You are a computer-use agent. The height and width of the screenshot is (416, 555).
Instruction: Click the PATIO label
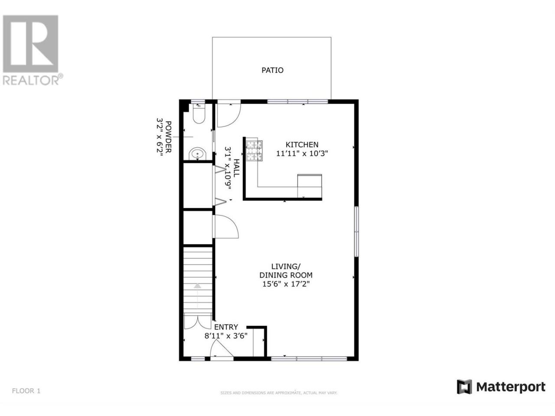(x=272, y=70)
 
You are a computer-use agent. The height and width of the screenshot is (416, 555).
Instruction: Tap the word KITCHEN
(x=302, y=144)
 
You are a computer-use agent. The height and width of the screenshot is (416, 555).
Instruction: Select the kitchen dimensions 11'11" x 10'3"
(x=302, y=153)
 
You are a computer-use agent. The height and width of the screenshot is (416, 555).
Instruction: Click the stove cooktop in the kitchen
(x=254, y=150)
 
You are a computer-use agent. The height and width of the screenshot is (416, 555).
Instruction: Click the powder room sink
(x=197, y=153)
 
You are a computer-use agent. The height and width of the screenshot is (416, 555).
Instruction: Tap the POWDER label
(x=168, y=136)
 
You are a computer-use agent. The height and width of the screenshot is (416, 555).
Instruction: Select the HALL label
(x=236, y=168)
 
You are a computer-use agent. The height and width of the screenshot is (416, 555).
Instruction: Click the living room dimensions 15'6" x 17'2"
(x=286, y=284)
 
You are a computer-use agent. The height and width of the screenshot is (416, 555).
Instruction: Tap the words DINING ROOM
(x=286, y=275)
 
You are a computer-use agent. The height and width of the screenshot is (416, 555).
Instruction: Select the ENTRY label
(x=226, y=327)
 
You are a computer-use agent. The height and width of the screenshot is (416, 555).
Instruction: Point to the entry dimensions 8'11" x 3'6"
(x=226, y=336)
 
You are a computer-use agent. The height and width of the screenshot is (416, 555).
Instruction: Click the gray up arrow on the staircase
(x=197, y=286)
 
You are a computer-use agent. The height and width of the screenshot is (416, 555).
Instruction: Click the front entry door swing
(x=221, y=348)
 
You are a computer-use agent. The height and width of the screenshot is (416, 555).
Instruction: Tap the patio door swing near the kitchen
(x=229, y=115)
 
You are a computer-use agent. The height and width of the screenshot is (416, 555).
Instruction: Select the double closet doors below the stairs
(x=197, y=321)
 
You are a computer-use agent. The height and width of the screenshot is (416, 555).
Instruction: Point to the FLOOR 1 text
(x=26, y=391)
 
